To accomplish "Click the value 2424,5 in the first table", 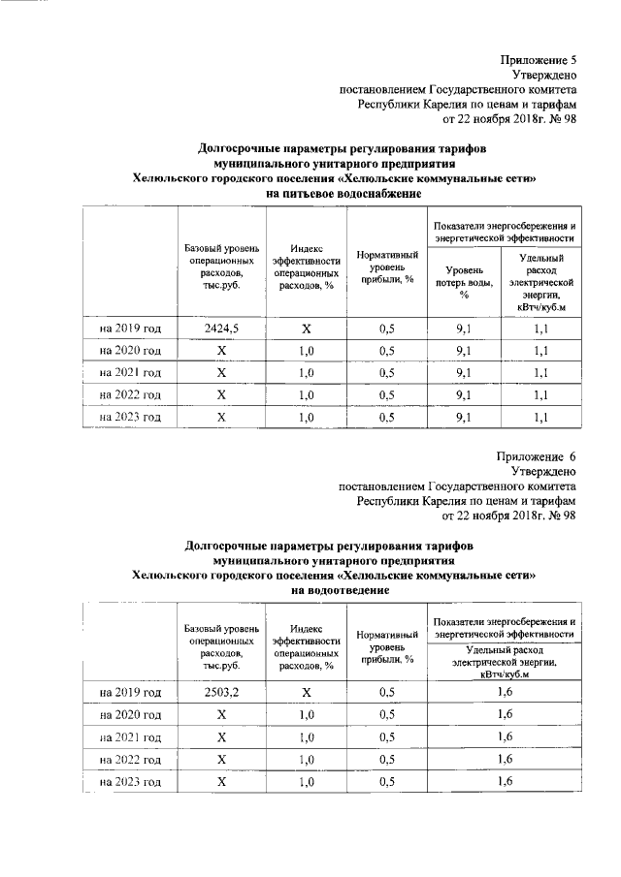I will coord(221,329).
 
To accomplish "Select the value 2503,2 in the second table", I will coord(221,692).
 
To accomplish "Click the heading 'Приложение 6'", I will coord(538,455).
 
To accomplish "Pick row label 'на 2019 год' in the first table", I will coord(131,329).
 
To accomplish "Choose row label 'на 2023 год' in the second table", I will coord(131,781).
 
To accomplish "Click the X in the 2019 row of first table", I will coord(306,329).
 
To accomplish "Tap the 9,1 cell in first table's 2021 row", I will coord(464,373).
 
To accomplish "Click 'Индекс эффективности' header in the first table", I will coord(306,266).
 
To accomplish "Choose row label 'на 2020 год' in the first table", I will coord(131,351).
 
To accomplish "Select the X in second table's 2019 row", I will coord(306,692).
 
